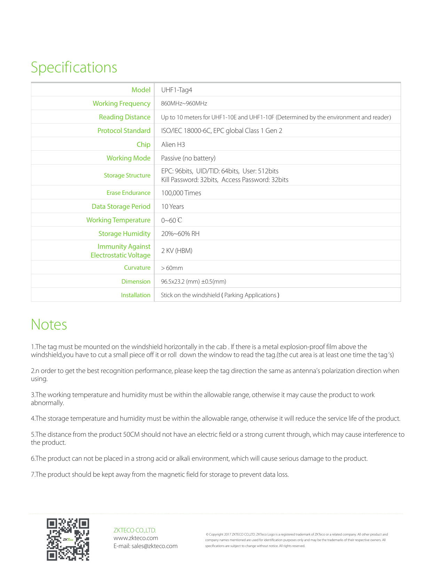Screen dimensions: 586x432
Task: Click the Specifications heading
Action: click(x=74, y=68)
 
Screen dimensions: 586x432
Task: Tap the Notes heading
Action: click(x=49, y=324)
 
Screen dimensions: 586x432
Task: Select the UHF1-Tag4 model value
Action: click(x=176, y=90)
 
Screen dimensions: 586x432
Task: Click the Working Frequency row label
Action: click(x=121, y=103)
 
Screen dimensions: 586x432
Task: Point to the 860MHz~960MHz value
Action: click(x=184, y=103)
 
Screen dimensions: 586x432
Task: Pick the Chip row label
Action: click(x=143, y=144)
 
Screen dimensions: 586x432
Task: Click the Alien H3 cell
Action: click(x=173, y=144)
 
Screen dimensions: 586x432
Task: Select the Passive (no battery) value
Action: click(x=188, y=158)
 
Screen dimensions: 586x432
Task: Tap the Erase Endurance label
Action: click(x=128, y=193)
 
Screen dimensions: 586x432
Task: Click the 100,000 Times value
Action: click(x=181, y=193)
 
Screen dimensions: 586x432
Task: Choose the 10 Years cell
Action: click(x=172, y=206)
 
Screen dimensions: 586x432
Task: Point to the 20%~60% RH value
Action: click(x=180, y=233)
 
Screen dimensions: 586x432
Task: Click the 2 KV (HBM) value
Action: click(x=176, y=251)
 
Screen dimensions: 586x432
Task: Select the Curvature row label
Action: click(x=137, y=268)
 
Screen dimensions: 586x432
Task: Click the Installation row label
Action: click(x=135, y=295)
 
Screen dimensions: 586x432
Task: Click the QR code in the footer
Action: click(x=68, y=539)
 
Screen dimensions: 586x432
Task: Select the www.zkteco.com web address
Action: click(x=136, y=538)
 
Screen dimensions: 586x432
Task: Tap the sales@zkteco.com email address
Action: click(x=154, y=546)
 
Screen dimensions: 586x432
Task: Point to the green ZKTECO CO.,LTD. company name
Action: click(x=135, y=530)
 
